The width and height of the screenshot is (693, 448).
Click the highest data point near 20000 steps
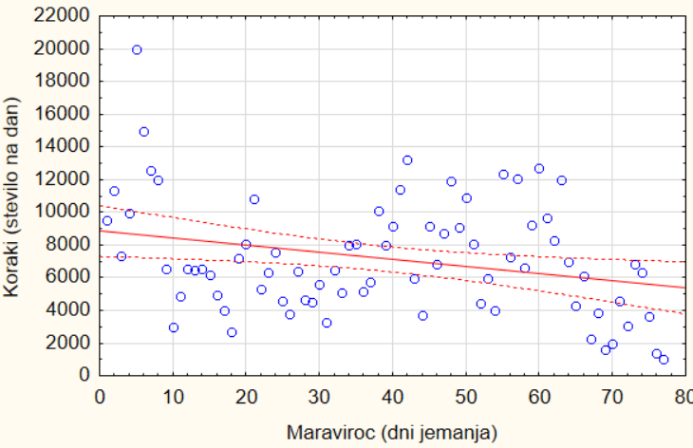(x=137, y=49)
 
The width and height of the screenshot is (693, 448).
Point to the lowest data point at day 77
(x=664, y=359)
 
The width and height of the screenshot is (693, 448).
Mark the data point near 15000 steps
(x=143, y=132)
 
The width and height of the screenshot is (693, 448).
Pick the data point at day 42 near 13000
(x=407, y=160)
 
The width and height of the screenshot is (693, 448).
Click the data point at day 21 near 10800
(x=253, y=199)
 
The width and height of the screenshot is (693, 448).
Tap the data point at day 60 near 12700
(x=539, y=168)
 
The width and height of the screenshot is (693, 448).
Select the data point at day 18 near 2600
(x=232, y=332)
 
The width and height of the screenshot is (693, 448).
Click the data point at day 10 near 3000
(x=174, y=327)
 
